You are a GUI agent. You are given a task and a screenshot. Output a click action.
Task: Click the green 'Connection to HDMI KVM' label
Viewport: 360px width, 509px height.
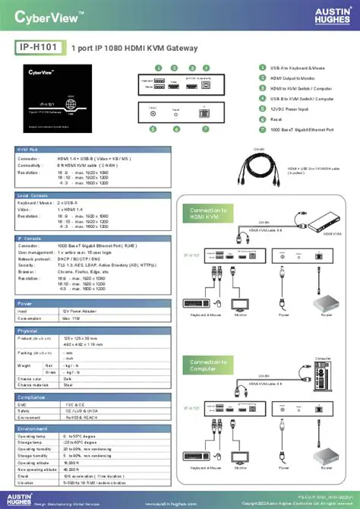click(x=209, y=213)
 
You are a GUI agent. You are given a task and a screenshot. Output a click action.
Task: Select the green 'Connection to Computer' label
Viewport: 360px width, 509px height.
click(x=209, y=365)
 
